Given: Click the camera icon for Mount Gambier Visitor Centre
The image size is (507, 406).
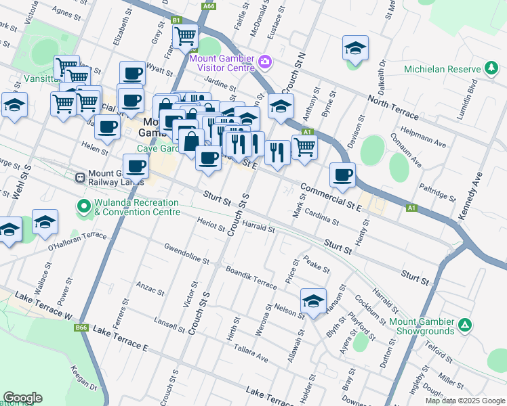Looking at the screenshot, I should point(264,63).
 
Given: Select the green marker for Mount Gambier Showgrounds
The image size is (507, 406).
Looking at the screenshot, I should point(465,325).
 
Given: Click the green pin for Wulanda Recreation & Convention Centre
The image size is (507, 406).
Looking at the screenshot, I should point(84,206).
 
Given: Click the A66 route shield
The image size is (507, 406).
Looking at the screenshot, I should point(209,5).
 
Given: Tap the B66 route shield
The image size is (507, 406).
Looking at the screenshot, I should point(81,328).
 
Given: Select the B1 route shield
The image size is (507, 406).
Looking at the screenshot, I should point(176,20).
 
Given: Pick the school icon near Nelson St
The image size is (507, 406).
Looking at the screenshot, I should point(313,301).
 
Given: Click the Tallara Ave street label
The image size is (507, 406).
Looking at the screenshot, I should point(251,355).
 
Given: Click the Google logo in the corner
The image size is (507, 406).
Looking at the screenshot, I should point(22,398).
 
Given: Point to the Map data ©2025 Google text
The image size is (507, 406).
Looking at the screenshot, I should point(464,401).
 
